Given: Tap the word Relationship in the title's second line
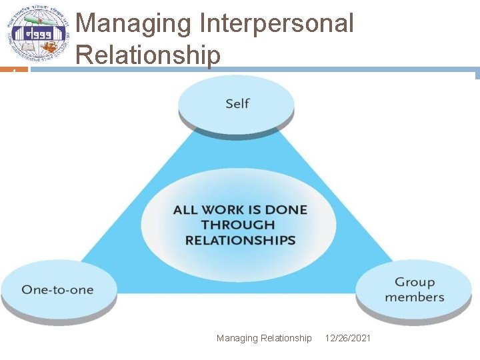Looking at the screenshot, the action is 148,55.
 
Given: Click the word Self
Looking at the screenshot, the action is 237,103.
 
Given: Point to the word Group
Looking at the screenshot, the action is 415,283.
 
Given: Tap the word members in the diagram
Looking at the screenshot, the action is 415,297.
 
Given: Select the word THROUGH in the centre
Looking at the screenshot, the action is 238,225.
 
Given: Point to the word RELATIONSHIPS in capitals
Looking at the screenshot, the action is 240,241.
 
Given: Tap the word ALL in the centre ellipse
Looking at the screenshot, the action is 185,210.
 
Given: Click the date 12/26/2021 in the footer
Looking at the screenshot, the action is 348,339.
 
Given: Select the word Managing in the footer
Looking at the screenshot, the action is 236,339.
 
